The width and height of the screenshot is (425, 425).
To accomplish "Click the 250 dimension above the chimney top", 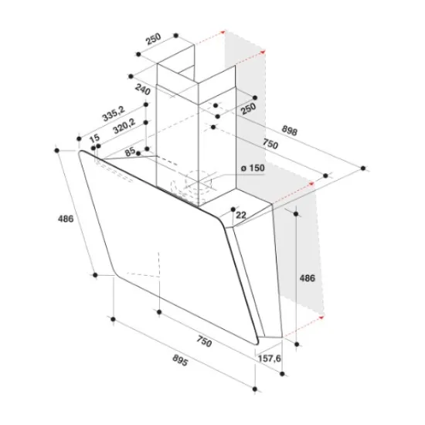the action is tap(154, 39).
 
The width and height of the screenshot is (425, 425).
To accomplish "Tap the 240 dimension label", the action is tap(143, 89).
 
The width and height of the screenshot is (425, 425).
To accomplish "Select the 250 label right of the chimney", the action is tap(249, 108).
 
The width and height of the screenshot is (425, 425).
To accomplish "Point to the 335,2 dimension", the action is tap(114, 114).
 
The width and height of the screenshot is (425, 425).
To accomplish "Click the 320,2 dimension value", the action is tap(124, 126).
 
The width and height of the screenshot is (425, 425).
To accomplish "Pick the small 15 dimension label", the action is tap(94, 138).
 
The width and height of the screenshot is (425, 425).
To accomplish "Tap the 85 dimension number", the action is tap(130, 151).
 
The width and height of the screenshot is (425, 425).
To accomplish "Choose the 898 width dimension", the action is tap(290, 130).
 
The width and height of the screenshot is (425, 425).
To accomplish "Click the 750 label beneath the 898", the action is tap(270, 144).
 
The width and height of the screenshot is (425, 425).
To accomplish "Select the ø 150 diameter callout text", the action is tap(253, 168).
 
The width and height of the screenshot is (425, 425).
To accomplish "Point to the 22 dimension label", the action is tap(240, 216).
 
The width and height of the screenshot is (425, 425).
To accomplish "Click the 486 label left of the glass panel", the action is tap(66, 219).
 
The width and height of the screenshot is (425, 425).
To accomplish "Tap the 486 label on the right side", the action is tap(308, 278).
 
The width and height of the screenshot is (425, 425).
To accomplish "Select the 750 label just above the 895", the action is tap(204, 341).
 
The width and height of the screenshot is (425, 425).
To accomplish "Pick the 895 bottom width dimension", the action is tap(180, 361).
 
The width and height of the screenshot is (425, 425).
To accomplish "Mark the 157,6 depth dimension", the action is tap(270, 359).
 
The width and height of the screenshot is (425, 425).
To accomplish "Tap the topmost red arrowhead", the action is tap(223, 32).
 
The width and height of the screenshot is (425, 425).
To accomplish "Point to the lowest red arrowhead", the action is tap(321, 317).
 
